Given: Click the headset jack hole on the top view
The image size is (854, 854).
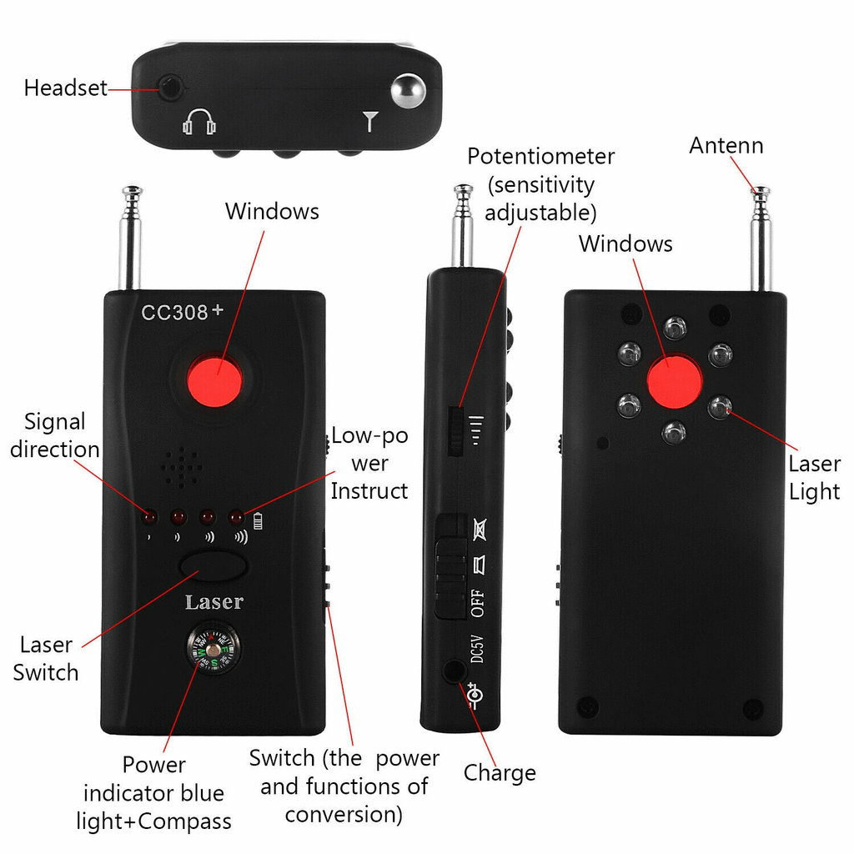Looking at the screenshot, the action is tap(171, 88).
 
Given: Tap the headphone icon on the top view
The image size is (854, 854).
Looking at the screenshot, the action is tap(198, 122).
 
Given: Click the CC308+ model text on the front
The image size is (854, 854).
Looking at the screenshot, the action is tap(182, 312).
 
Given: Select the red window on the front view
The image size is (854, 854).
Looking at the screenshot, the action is tap(214, 380).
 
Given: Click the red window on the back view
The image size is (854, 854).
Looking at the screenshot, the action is tap(674, 381).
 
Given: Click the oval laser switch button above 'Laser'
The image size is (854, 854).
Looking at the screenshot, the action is tap(213, 566).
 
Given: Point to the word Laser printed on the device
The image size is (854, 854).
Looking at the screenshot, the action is tap(214, 602).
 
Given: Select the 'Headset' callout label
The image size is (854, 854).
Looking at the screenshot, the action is tap(65, 88).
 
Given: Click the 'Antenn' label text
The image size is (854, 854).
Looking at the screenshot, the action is tap(726, 145).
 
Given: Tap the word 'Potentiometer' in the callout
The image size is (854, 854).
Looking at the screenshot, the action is tap(540, 156).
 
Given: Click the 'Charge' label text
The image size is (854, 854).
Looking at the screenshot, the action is tap(500, 773).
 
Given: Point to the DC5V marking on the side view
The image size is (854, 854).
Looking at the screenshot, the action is tap(477, 649).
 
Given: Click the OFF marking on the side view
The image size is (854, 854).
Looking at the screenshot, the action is tap(477, 603).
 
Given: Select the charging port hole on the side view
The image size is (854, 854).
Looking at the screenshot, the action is tap(453, 671).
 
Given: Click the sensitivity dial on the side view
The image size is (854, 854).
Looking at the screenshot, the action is tap(455, 431).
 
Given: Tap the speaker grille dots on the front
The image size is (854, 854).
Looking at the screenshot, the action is tap(181, 467).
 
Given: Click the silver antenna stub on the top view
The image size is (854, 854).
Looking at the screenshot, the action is tap(409, 90).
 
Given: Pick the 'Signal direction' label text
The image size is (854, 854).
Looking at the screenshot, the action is tap(55, 435).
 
